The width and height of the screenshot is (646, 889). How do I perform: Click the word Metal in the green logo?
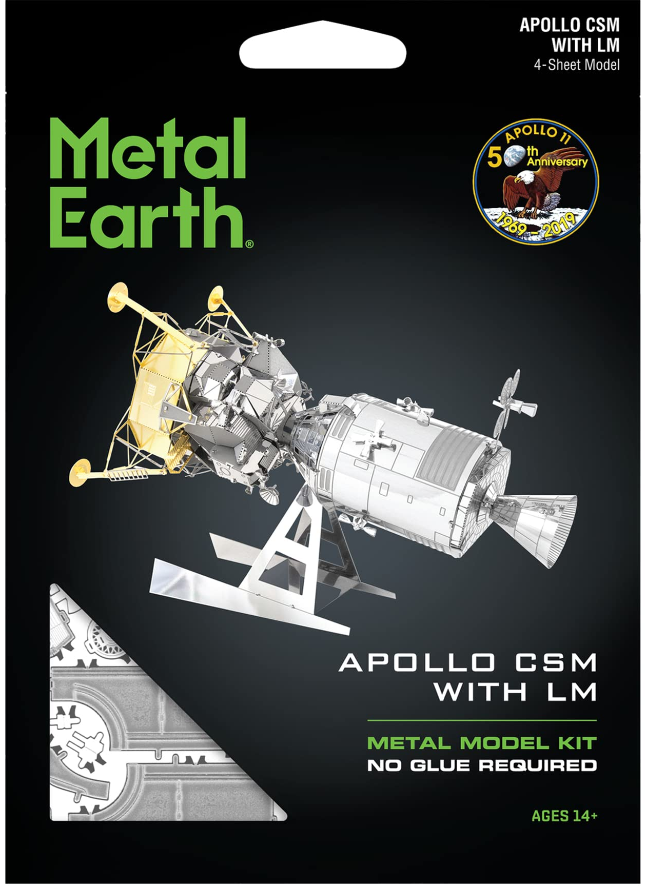click(148, 149)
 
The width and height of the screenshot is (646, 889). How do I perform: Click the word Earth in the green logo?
click(146, 218)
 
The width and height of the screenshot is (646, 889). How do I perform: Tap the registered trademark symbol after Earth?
click(249, 245)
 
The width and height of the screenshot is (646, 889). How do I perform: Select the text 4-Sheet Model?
click(576, 65)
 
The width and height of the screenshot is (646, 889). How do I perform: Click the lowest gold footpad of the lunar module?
click(80, 472)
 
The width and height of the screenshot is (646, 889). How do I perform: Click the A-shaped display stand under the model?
click(287, 569)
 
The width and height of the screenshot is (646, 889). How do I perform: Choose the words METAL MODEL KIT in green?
click(482, 742)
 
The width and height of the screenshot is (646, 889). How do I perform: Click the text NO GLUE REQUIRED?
click(482, 765)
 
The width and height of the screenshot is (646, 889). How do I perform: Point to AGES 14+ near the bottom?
click(564, 816)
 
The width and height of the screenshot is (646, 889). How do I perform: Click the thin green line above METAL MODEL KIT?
click(482, 720)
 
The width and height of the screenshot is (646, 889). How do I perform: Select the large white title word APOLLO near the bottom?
click(417, 662)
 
